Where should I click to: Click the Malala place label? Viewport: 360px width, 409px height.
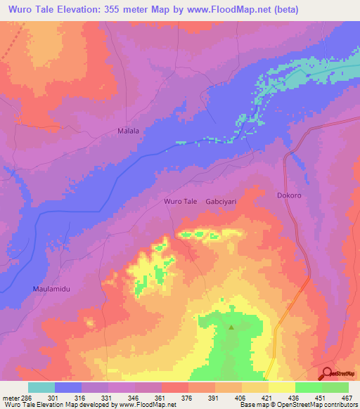click(x=129, y=131)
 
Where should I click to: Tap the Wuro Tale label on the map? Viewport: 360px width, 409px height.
click(x=180, y=201)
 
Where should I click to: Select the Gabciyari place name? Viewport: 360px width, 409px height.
click(x=223, y=201)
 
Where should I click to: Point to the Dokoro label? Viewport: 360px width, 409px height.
click(x=289, y=196)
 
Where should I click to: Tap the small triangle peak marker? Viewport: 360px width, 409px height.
click(x=231, y=327)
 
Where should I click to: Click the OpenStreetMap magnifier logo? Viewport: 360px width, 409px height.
click(x=328, y=374)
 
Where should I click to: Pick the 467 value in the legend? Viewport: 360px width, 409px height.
click(x=347, y=397)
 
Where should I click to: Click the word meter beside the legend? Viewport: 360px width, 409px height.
click(x=10, y=397)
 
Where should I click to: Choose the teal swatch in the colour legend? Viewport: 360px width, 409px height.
click(x=41, y=387)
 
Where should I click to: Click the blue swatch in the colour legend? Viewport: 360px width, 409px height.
click(x=68, y=387)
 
